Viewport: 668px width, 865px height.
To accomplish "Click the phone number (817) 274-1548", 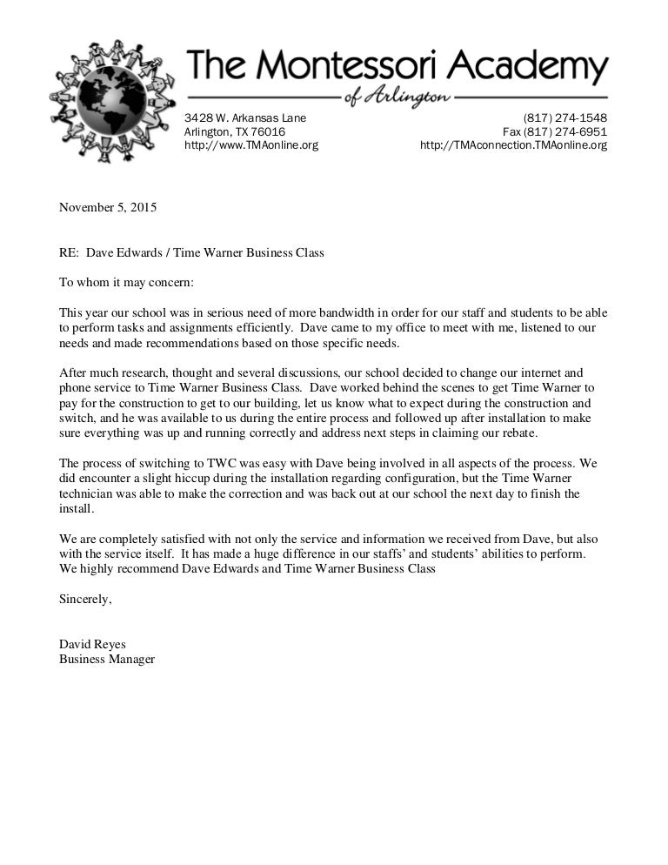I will pyautogui.click(x=564, y=118).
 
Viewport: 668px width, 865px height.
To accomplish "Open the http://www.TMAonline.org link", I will pyautogui.click(x=251, y=145).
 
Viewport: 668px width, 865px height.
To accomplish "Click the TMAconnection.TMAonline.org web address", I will pyautogui.click(x=513, y=145).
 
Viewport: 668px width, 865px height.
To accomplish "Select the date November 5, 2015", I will pyautogui.click(x=108, y=207).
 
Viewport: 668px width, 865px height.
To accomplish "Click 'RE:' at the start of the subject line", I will pyautogui.click(x=69, y=253).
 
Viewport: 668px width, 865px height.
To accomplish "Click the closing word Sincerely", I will pyautogui.click(x=85, y=600).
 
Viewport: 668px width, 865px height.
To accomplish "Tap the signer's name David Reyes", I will pyautogui.click(x=92, y=645).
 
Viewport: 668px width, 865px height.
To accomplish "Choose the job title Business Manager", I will pyautogui.click(x=106, y=660).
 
